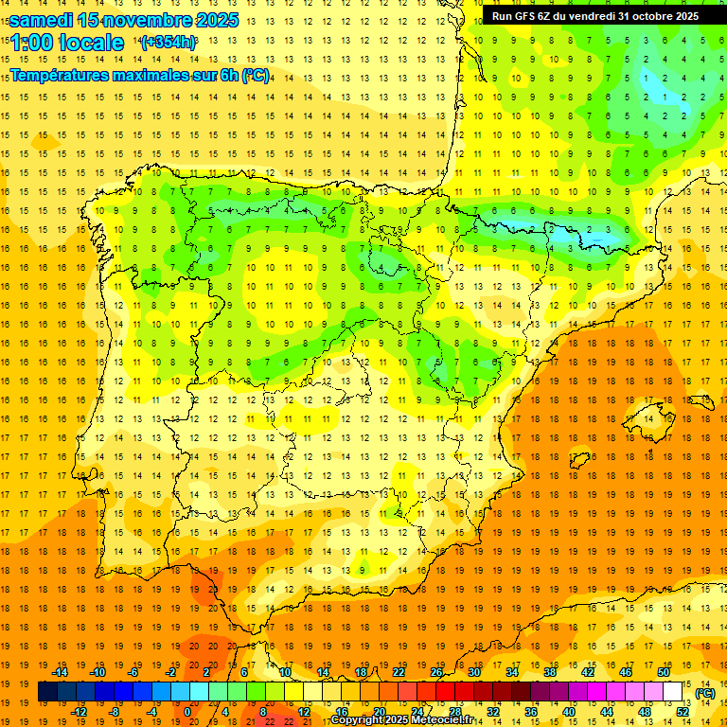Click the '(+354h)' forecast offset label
(168, 43)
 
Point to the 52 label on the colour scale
(683, 712)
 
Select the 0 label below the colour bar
(188, 712)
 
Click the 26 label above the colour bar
(436, 672)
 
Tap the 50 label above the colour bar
(664, 672)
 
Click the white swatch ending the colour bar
(672, 692)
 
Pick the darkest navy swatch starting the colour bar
(47, 692)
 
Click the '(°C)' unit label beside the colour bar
(704, 693)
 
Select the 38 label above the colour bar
(550, 672)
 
